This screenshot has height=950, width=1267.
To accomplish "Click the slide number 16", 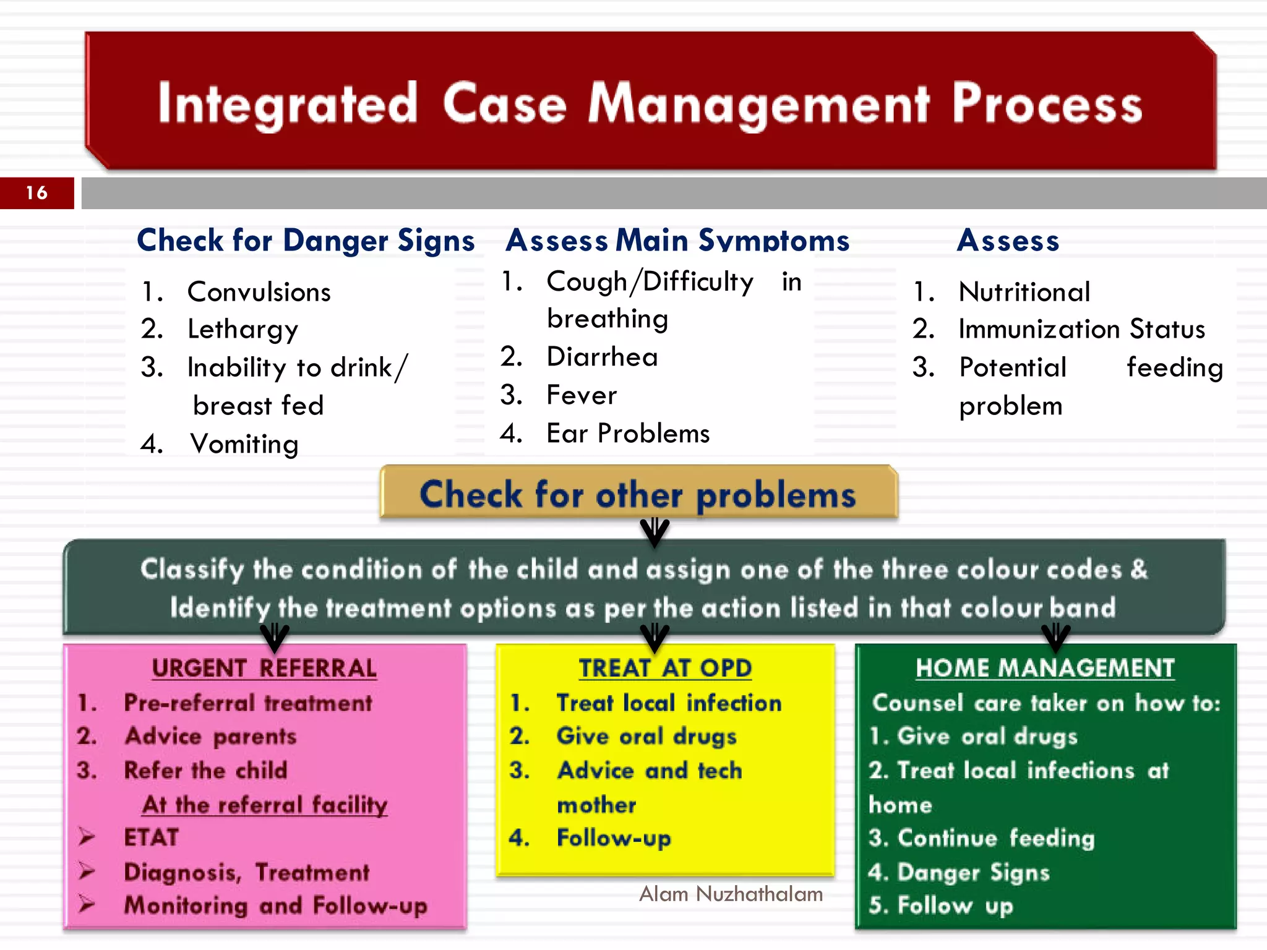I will click(37, 193).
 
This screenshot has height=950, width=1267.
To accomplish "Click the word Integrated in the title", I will click(288, 104).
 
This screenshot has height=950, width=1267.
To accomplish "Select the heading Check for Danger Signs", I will click(306, 241).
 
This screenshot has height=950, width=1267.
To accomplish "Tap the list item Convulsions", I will click(259, 292).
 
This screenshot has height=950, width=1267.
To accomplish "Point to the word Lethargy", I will click(243, 330).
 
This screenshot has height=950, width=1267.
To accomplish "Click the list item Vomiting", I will click(244, 444).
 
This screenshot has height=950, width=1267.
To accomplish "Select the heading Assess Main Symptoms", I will click(677, 241).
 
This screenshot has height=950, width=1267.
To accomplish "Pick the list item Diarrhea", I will click(602, 357).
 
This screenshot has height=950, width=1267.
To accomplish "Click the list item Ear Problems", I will click(628, 434).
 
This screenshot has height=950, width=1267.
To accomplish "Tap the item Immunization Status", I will click(1081, 329).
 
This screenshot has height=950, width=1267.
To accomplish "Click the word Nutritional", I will click(1024, 292).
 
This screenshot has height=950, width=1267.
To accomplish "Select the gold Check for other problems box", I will click(638, 493).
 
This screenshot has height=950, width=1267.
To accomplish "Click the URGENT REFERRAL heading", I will click(264, 668).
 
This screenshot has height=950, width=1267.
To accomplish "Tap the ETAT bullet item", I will click(152, 837).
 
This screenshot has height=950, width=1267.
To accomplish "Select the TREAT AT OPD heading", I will click(665, 668).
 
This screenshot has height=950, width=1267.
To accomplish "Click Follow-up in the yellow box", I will click(614, 838).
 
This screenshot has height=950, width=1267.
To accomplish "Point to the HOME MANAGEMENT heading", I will click(1045, 668).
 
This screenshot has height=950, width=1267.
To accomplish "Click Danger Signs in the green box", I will click(973, 872).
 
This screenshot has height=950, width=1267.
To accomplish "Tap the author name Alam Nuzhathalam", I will click(731, 894).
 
